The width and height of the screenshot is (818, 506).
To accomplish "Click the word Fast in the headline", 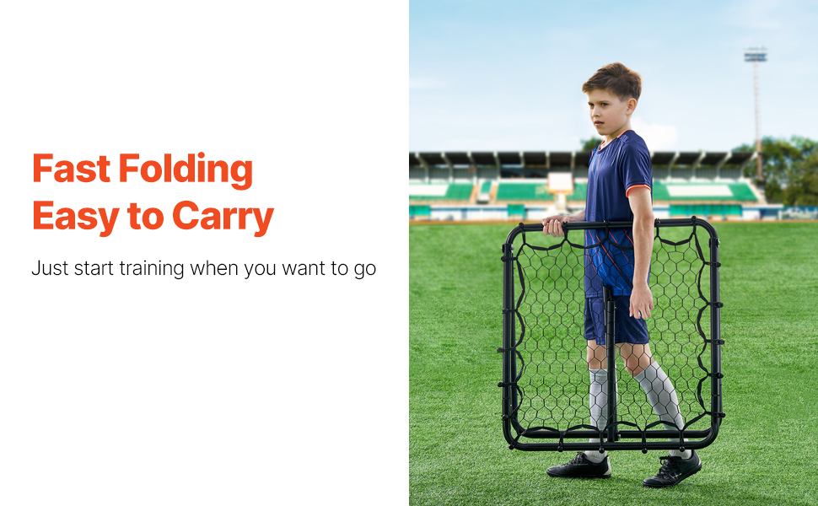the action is (x=72, y=168).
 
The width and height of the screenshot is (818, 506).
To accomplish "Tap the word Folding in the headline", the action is (x=186, y=170).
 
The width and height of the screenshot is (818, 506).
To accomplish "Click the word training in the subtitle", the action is (x=151, y=269).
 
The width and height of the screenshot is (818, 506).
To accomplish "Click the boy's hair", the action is (x=614, y=81).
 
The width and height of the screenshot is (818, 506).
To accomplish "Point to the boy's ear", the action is (x=632, y=106).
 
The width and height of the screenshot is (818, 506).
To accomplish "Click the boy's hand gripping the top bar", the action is (x=554, y=226).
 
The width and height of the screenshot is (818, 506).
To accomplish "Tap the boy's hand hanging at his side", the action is (x=641, y=302).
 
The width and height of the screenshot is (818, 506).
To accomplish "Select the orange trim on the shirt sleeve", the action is (x=638, y=189).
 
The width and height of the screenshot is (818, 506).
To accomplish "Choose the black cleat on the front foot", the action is (x=672, y=470).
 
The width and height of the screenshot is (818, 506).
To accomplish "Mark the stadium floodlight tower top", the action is (x=755, y=54).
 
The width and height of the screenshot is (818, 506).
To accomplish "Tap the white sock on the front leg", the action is (x=661, y=396).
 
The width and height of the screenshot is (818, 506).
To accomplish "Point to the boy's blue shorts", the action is (x=616, y=320).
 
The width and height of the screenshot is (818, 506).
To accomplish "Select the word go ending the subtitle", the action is (x=364, y=270).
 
